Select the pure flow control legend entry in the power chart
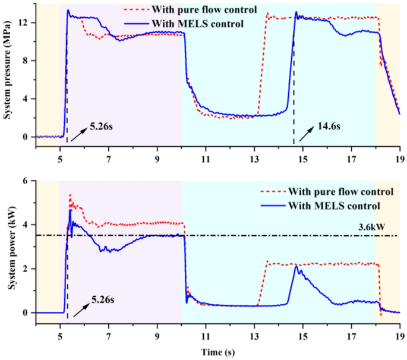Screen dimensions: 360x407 tap(326, 191)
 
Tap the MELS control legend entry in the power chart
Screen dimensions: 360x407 tap(326, 206)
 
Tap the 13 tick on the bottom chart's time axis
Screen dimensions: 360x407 tap(254, 335)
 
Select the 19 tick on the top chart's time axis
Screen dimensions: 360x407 tap(400, 159)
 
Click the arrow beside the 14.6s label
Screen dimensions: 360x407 tap(305, 134)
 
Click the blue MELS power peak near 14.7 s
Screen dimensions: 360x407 tap(296, 267)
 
